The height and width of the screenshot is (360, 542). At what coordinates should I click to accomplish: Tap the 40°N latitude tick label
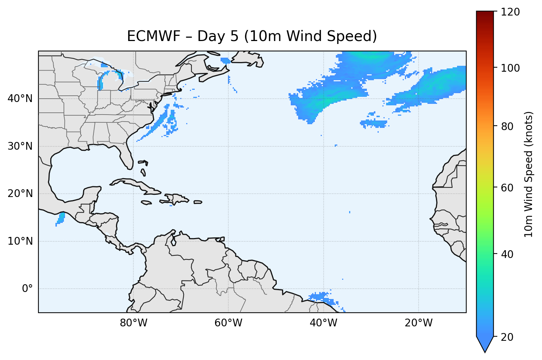coord(20,99)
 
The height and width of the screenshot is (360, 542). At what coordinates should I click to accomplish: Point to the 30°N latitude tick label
coord(20,146)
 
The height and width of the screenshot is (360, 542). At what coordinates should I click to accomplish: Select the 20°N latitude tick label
coord(20,194)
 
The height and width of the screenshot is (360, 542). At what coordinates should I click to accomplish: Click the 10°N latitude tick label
coord(20,241)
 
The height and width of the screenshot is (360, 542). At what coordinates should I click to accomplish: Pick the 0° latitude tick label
coord(27,289)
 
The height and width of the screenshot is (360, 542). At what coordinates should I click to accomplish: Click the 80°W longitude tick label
coord(133,323)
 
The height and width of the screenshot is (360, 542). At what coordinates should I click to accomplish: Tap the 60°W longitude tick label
coord(228,323)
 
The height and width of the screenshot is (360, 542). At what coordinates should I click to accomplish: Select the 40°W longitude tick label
coord(323,323)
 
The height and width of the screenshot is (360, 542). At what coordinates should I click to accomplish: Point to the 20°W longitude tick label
coord(418,323)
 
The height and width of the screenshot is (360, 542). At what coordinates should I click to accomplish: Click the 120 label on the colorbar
coord(510,12)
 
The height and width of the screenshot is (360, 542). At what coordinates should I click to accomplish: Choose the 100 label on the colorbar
coord(510,68)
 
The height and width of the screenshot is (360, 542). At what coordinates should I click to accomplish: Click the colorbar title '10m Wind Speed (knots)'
coord(529,174)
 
